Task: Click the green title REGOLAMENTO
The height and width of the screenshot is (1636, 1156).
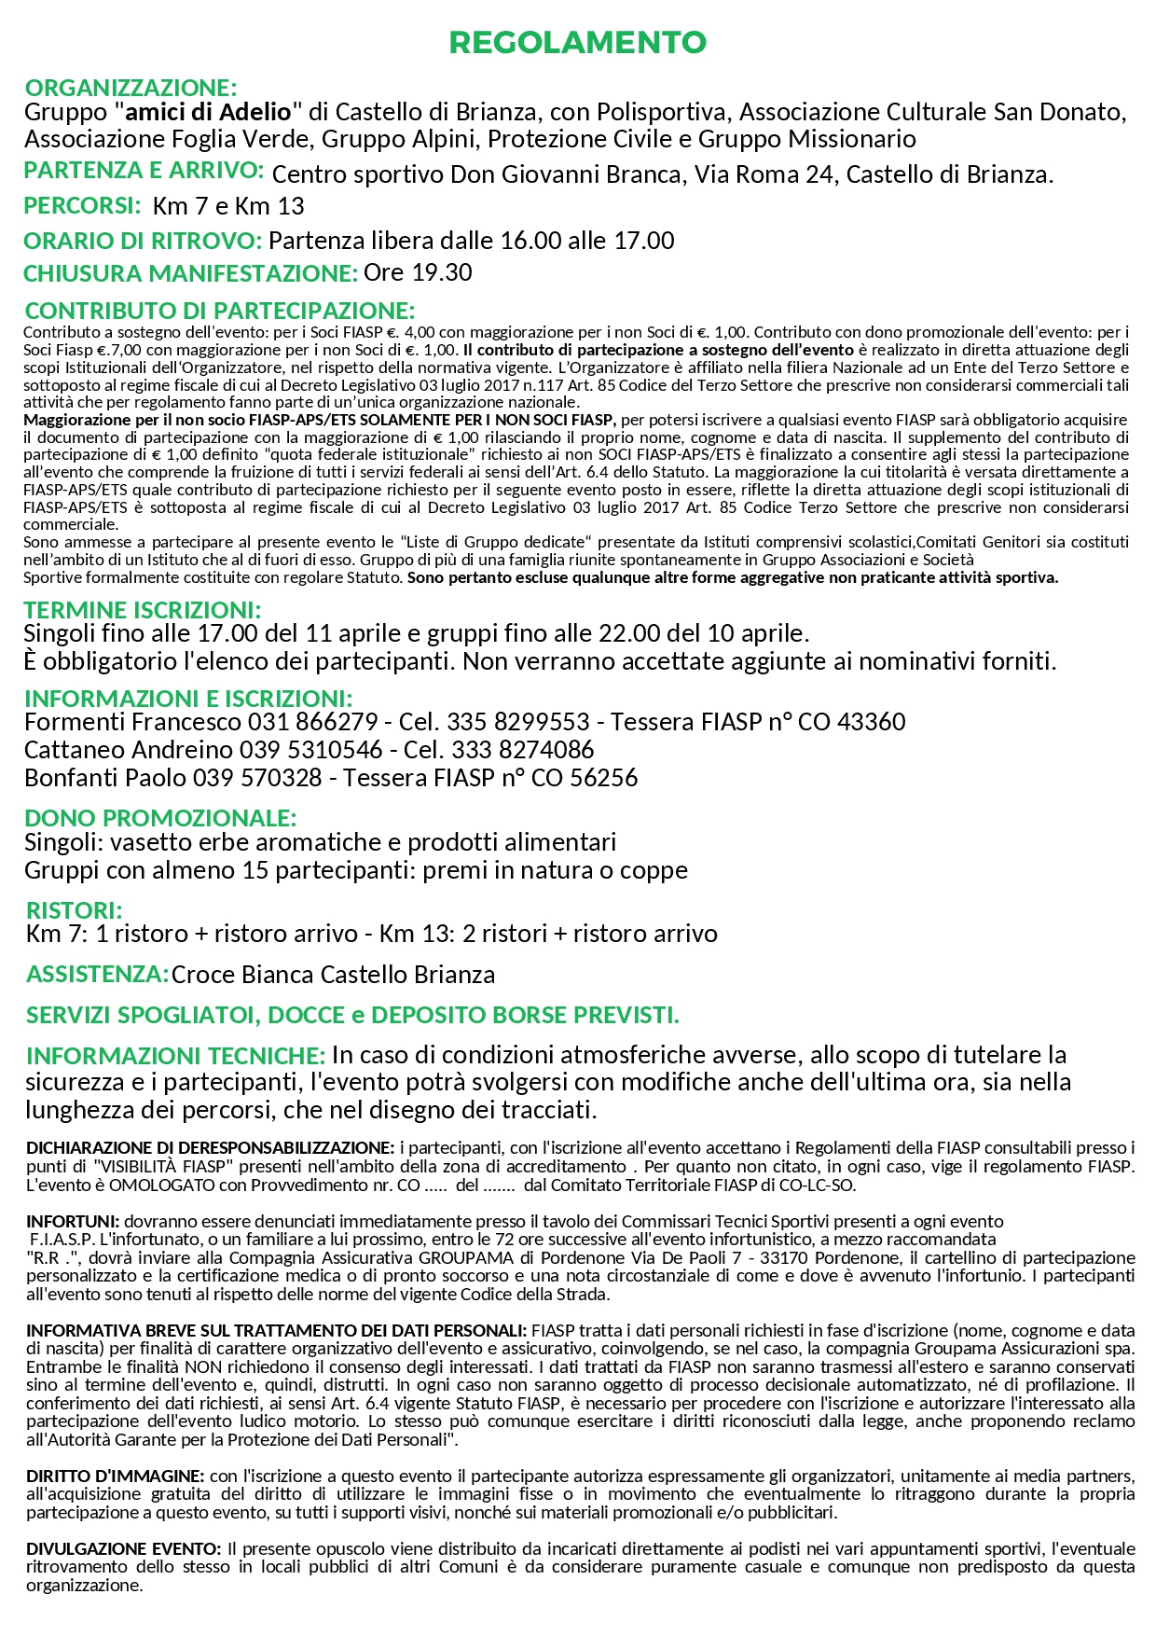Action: point(577,42)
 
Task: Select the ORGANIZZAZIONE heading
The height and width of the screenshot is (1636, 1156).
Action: point(131,88)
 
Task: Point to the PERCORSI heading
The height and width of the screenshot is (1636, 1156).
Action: point(82,205)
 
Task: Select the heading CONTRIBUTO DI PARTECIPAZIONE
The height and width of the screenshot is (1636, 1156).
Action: point(219,311)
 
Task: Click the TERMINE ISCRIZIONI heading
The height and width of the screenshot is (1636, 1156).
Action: point(143,610)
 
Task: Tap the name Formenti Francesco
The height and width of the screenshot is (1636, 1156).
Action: point(132,722)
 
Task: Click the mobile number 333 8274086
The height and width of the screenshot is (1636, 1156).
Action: point(522,750)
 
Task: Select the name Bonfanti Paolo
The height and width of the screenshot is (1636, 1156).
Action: point(105,778)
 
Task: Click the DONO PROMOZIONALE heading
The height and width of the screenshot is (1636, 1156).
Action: point(160,818)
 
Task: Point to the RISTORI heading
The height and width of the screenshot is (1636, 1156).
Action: point(74,910)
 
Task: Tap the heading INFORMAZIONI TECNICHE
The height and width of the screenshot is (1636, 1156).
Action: point(175,1056)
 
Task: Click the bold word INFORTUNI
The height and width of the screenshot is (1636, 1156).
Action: point(73,1221)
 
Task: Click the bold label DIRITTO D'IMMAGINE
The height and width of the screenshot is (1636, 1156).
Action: point(116,1477)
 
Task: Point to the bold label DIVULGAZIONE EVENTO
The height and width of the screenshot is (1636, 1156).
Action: point(124,1549)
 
